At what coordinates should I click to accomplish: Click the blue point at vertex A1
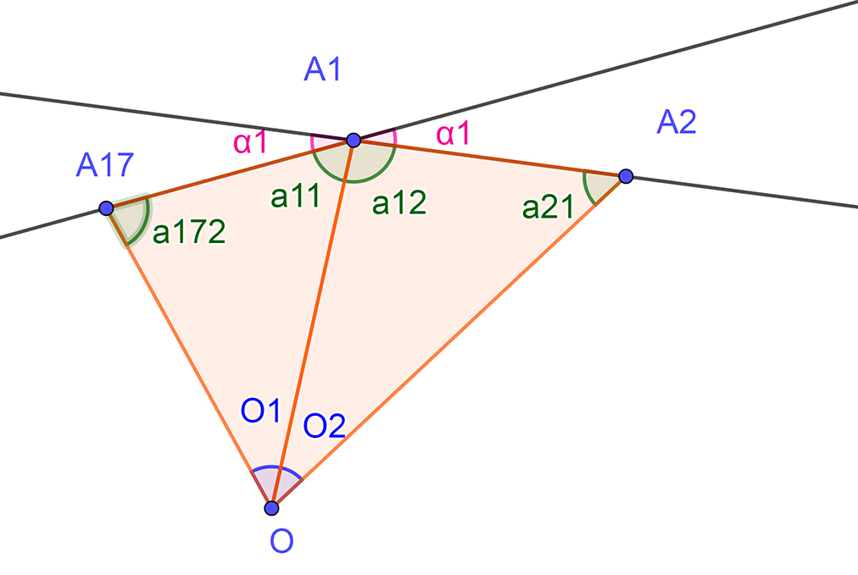pos(354,140)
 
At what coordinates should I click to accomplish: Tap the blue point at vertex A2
pos(626,176)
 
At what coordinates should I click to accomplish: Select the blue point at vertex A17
pos(106,208)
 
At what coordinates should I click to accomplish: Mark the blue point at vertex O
pos(271,508)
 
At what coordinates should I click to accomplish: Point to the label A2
pos(677,124)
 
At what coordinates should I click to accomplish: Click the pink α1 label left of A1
pos(250,141)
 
